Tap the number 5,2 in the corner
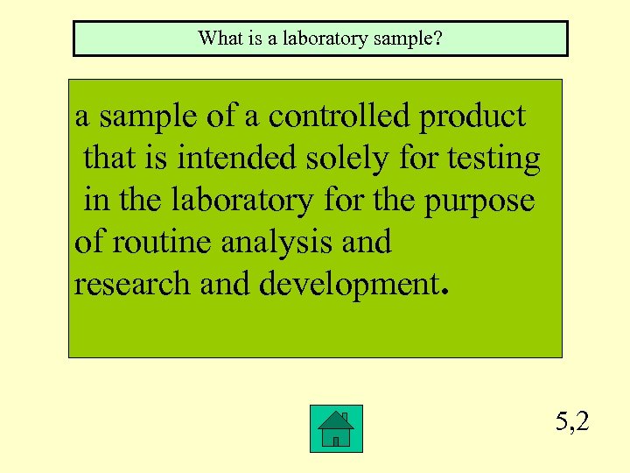click(572, 422)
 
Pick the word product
click(472, 117)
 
